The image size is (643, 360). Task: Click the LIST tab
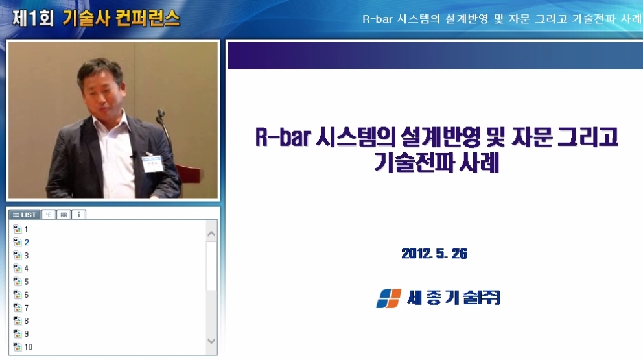point(25,214)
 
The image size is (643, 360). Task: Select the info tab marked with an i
point(78,214)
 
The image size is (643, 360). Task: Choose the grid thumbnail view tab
point(64,214)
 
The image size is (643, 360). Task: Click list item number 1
point(26,229)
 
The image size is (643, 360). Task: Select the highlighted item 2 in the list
point(26,242)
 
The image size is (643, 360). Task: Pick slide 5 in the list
point(26,282)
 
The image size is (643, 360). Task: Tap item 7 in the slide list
point(26,307)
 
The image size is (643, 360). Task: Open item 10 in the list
point(28,347)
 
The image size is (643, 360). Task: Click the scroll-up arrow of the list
point(211,233)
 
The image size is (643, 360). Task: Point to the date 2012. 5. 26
point(434,254)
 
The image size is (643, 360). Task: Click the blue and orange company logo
point(388,298)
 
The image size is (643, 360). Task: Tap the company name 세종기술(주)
point(454,298)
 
